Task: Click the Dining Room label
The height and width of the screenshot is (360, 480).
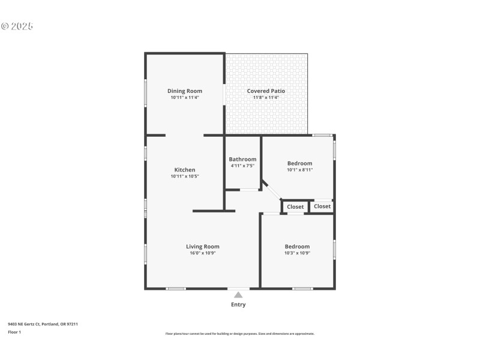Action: click(x=184, y=91)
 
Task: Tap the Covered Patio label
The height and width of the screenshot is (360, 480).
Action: click(x=266, y=91)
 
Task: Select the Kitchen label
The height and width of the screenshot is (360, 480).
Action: click(x=184, y=170)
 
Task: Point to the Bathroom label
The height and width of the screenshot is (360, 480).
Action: click(x=242, y=159)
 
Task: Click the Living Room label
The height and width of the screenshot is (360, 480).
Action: click(x=202, y=247)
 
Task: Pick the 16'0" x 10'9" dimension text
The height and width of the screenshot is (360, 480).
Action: click(x=202, y=253)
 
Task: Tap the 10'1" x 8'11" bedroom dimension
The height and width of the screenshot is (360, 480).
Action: click(x=299, y=170)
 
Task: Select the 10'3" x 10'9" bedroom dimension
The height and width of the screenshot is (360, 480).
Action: click(x=297, y=253)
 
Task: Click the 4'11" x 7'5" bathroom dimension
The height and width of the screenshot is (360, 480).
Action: click(x=242, y=166)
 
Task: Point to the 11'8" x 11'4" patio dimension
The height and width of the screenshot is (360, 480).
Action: click(x=266, y=97)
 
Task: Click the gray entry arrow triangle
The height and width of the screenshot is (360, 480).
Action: click(x=238, y=295)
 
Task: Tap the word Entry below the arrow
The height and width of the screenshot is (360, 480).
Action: click(x=238, y=305)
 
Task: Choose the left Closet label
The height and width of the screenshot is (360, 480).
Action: click(x=295, y=207)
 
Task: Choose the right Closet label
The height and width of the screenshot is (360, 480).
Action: click(x=322, y=206)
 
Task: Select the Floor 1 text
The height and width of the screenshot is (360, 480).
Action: click(x=14, y=332)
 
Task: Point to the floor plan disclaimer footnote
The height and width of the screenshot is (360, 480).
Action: click(x=239, y=334)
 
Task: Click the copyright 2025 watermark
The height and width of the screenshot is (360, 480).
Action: click(x=17, y=26)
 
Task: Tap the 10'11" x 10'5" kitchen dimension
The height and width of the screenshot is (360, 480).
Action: click(x=184, y=176)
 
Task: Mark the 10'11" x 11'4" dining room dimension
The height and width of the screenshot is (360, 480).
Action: click(x=184, y=97)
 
